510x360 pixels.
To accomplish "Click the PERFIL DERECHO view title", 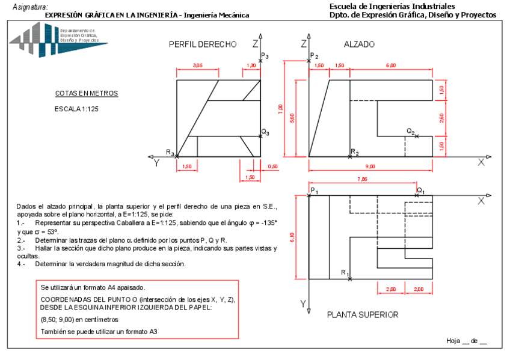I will pyautogui.click(x=202, y=44).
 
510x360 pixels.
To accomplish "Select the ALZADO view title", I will pyautogui.click(x=359, y=44).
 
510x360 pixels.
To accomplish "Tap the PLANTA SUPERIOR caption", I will pyautogui.click(x=362, y=314).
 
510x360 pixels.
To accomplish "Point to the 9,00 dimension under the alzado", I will pyautogui.click(x=370, y=166).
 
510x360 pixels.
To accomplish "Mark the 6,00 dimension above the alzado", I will pyautogui.click(x=391, y=65).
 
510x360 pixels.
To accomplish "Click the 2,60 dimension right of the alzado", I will pyautogui.click(x=441, y=118).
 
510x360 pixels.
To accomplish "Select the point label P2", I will pyautogui.click(x=313, y=56).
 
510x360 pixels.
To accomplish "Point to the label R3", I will pyautogui.click(x=170, y=153).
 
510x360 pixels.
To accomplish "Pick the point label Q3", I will pyautogui.click(x=265, y=132).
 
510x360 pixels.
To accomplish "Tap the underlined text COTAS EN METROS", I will pyautogui.click(x=86, y=94).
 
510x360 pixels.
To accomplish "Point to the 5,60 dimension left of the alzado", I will pyautogui.click(x=292, y=118).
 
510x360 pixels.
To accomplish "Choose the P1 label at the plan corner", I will pyautogui.click(x=315, y=191).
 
